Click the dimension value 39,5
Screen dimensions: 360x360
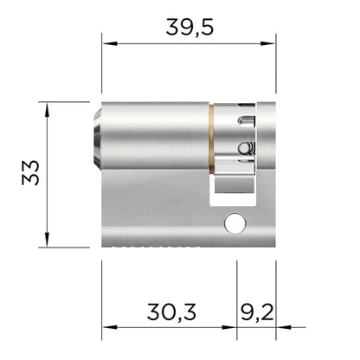point(188,27)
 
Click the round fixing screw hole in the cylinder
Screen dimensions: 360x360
point(234,223)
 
